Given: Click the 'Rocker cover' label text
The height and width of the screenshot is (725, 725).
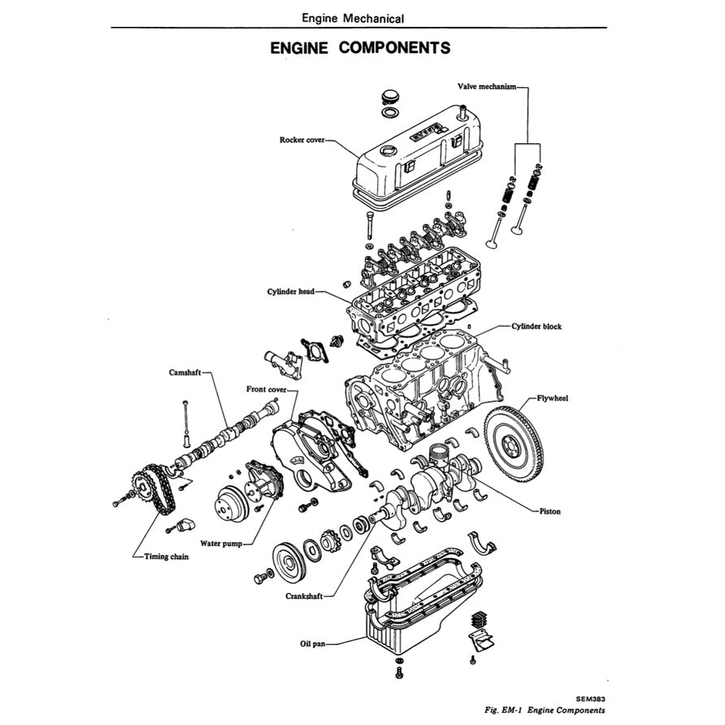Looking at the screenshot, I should coord(302,140).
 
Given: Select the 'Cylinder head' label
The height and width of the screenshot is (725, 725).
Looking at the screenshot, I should coord(290,291).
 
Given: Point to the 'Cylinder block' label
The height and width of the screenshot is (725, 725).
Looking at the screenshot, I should coord(536,326).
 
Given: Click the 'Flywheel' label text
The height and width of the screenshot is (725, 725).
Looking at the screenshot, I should coord(553,399).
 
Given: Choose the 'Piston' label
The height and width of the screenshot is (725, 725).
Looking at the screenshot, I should coord(549,512).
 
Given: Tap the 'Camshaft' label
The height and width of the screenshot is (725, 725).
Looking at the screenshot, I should coord(184,372).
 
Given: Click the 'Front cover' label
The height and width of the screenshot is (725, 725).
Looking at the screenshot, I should coord(266,389).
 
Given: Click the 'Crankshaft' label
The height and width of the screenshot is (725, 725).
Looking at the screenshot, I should coord(304,596).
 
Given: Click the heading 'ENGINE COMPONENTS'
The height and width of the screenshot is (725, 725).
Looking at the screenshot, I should coord(360,47).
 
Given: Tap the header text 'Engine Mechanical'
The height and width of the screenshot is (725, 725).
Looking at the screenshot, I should coord(352,17).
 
